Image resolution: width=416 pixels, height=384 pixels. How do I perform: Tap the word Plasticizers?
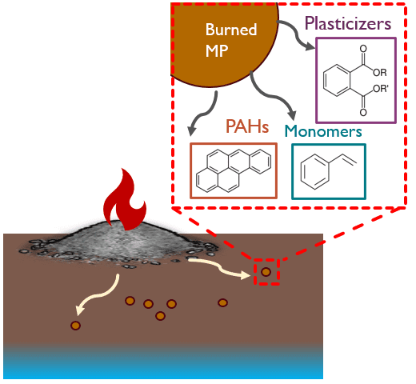348,23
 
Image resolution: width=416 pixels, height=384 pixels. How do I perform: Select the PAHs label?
247,126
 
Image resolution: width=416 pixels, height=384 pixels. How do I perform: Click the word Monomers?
323,131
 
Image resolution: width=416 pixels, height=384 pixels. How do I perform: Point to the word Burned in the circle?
231,30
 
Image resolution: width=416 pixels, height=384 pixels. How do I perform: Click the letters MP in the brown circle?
217,50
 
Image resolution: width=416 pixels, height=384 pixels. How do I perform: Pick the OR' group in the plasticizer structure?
381,88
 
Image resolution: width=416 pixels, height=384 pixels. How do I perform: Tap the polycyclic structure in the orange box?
234,170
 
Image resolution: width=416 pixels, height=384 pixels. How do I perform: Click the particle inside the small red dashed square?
266,272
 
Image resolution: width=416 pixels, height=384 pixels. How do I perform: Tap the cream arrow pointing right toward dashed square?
219,268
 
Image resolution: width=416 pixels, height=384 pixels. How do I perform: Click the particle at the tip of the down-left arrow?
75,326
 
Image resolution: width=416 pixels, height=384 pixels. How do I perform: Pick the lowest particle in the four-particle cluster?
160,316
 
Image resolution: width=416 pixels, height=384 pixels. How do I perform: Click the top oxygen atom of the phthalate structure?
363,49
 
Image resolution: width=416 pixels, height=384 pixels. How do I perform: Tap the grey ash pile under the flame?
120,242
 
